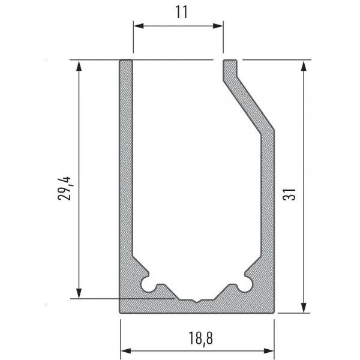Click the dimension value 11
(181, 12)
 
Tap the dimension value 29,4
(64, 189)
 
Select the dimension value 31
(289, 194)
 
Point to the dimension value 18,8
(200, 338)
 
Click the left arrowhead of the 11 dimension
(139, 26)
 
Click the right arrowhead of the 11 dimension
(218, 26)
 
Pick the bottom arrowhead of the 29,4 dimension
(79, 293)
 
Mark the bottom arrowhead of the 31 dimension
(304, 308)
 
